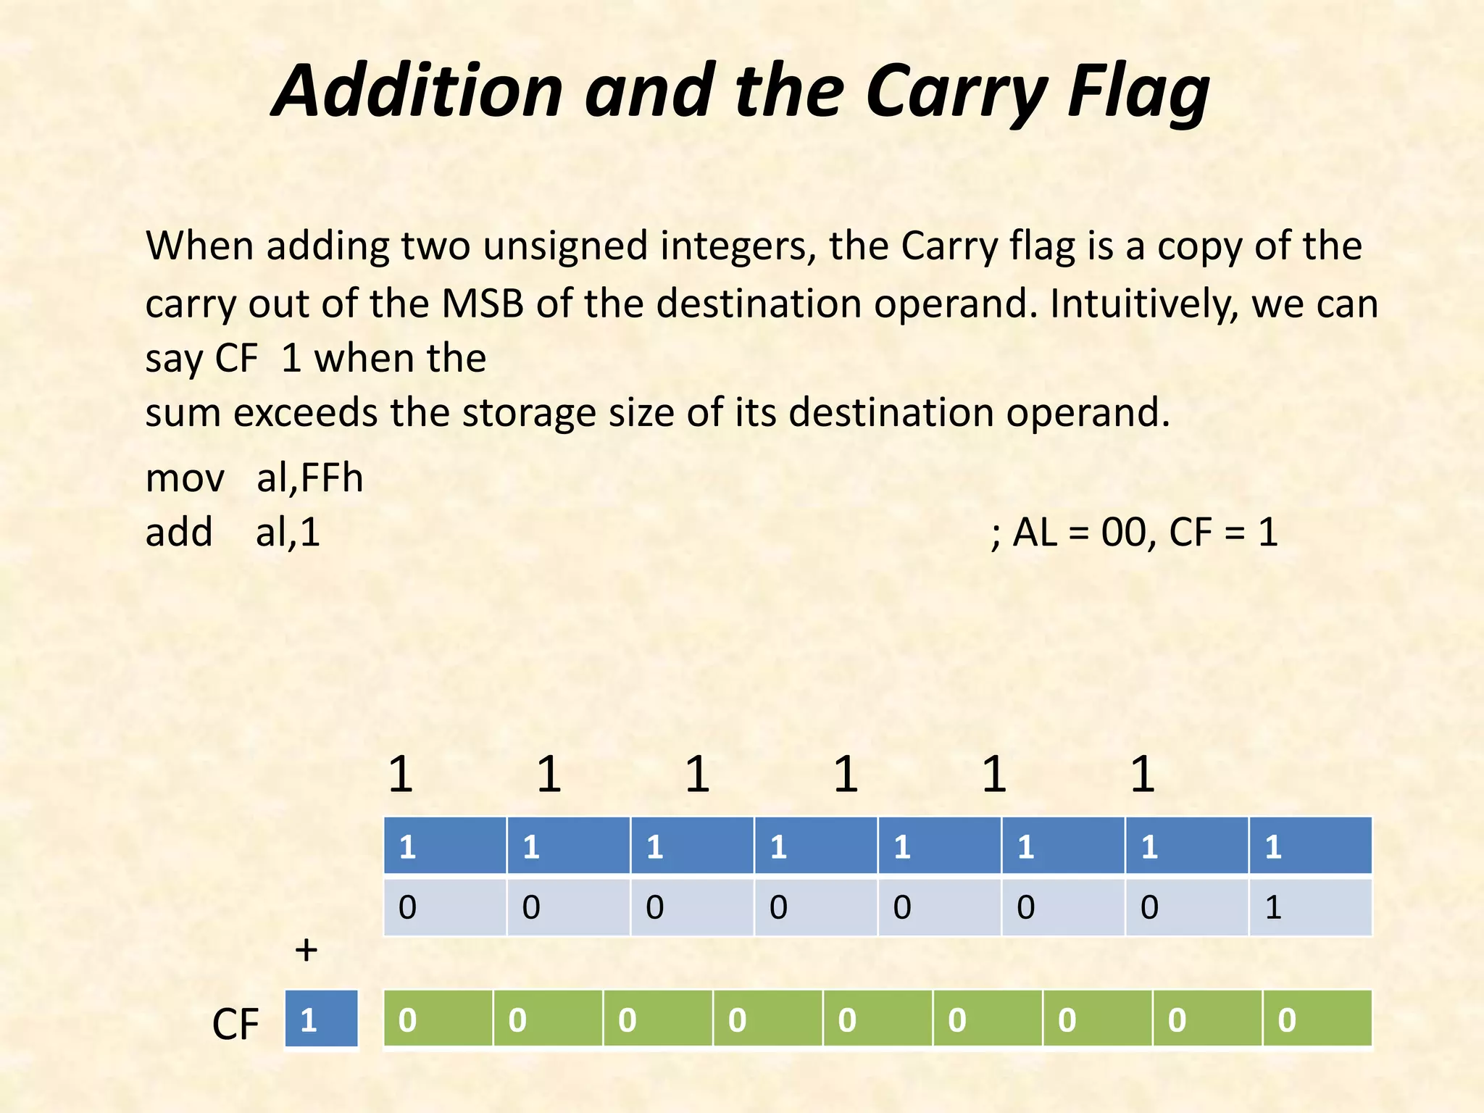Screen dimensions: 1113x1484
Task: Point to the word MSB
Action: [x=483, y=303]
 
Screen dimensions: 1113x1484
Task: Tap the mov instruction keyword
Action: [x=185, y=478]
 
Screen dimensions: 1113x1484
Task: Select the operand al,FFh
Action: [x=309, y=478]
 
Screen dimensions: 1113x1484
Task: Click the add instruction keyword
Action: [x=179, y=533]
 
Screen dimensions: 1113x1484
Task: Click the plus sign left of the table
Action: [x=307, y=949]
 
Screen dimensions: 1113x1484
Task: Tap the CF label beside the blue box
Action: [x=235, y=1024]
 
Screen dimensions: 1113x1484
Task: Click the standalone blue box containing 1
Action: [x=321, y=1019]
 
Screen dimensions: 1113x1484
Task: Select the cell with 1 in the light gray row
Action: [x=1310, y=907]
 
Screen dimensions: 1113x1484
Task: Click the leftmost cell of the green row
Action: [x=438, y=1019]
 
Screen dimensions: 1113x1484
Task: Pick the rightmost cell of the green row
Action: [x=1317, y=1019]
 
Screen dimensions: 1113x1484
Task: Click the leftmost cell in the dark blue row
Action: [x=444, y=846]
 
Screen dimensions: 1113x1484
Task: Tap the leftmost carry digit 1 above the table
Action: [x=401, y=774]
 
